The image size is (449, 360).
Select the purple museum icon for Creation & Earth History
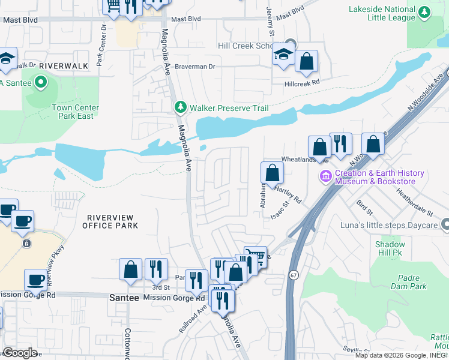pos(326,177)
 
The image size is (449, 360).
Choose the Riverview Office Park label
pos(112,221)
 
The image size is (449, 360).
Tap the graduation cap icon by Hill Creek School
pos(282,56)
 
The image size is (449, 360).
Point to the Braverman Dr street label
pos(195,67)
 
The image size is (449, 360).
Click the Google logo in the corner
pos(20,353)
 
